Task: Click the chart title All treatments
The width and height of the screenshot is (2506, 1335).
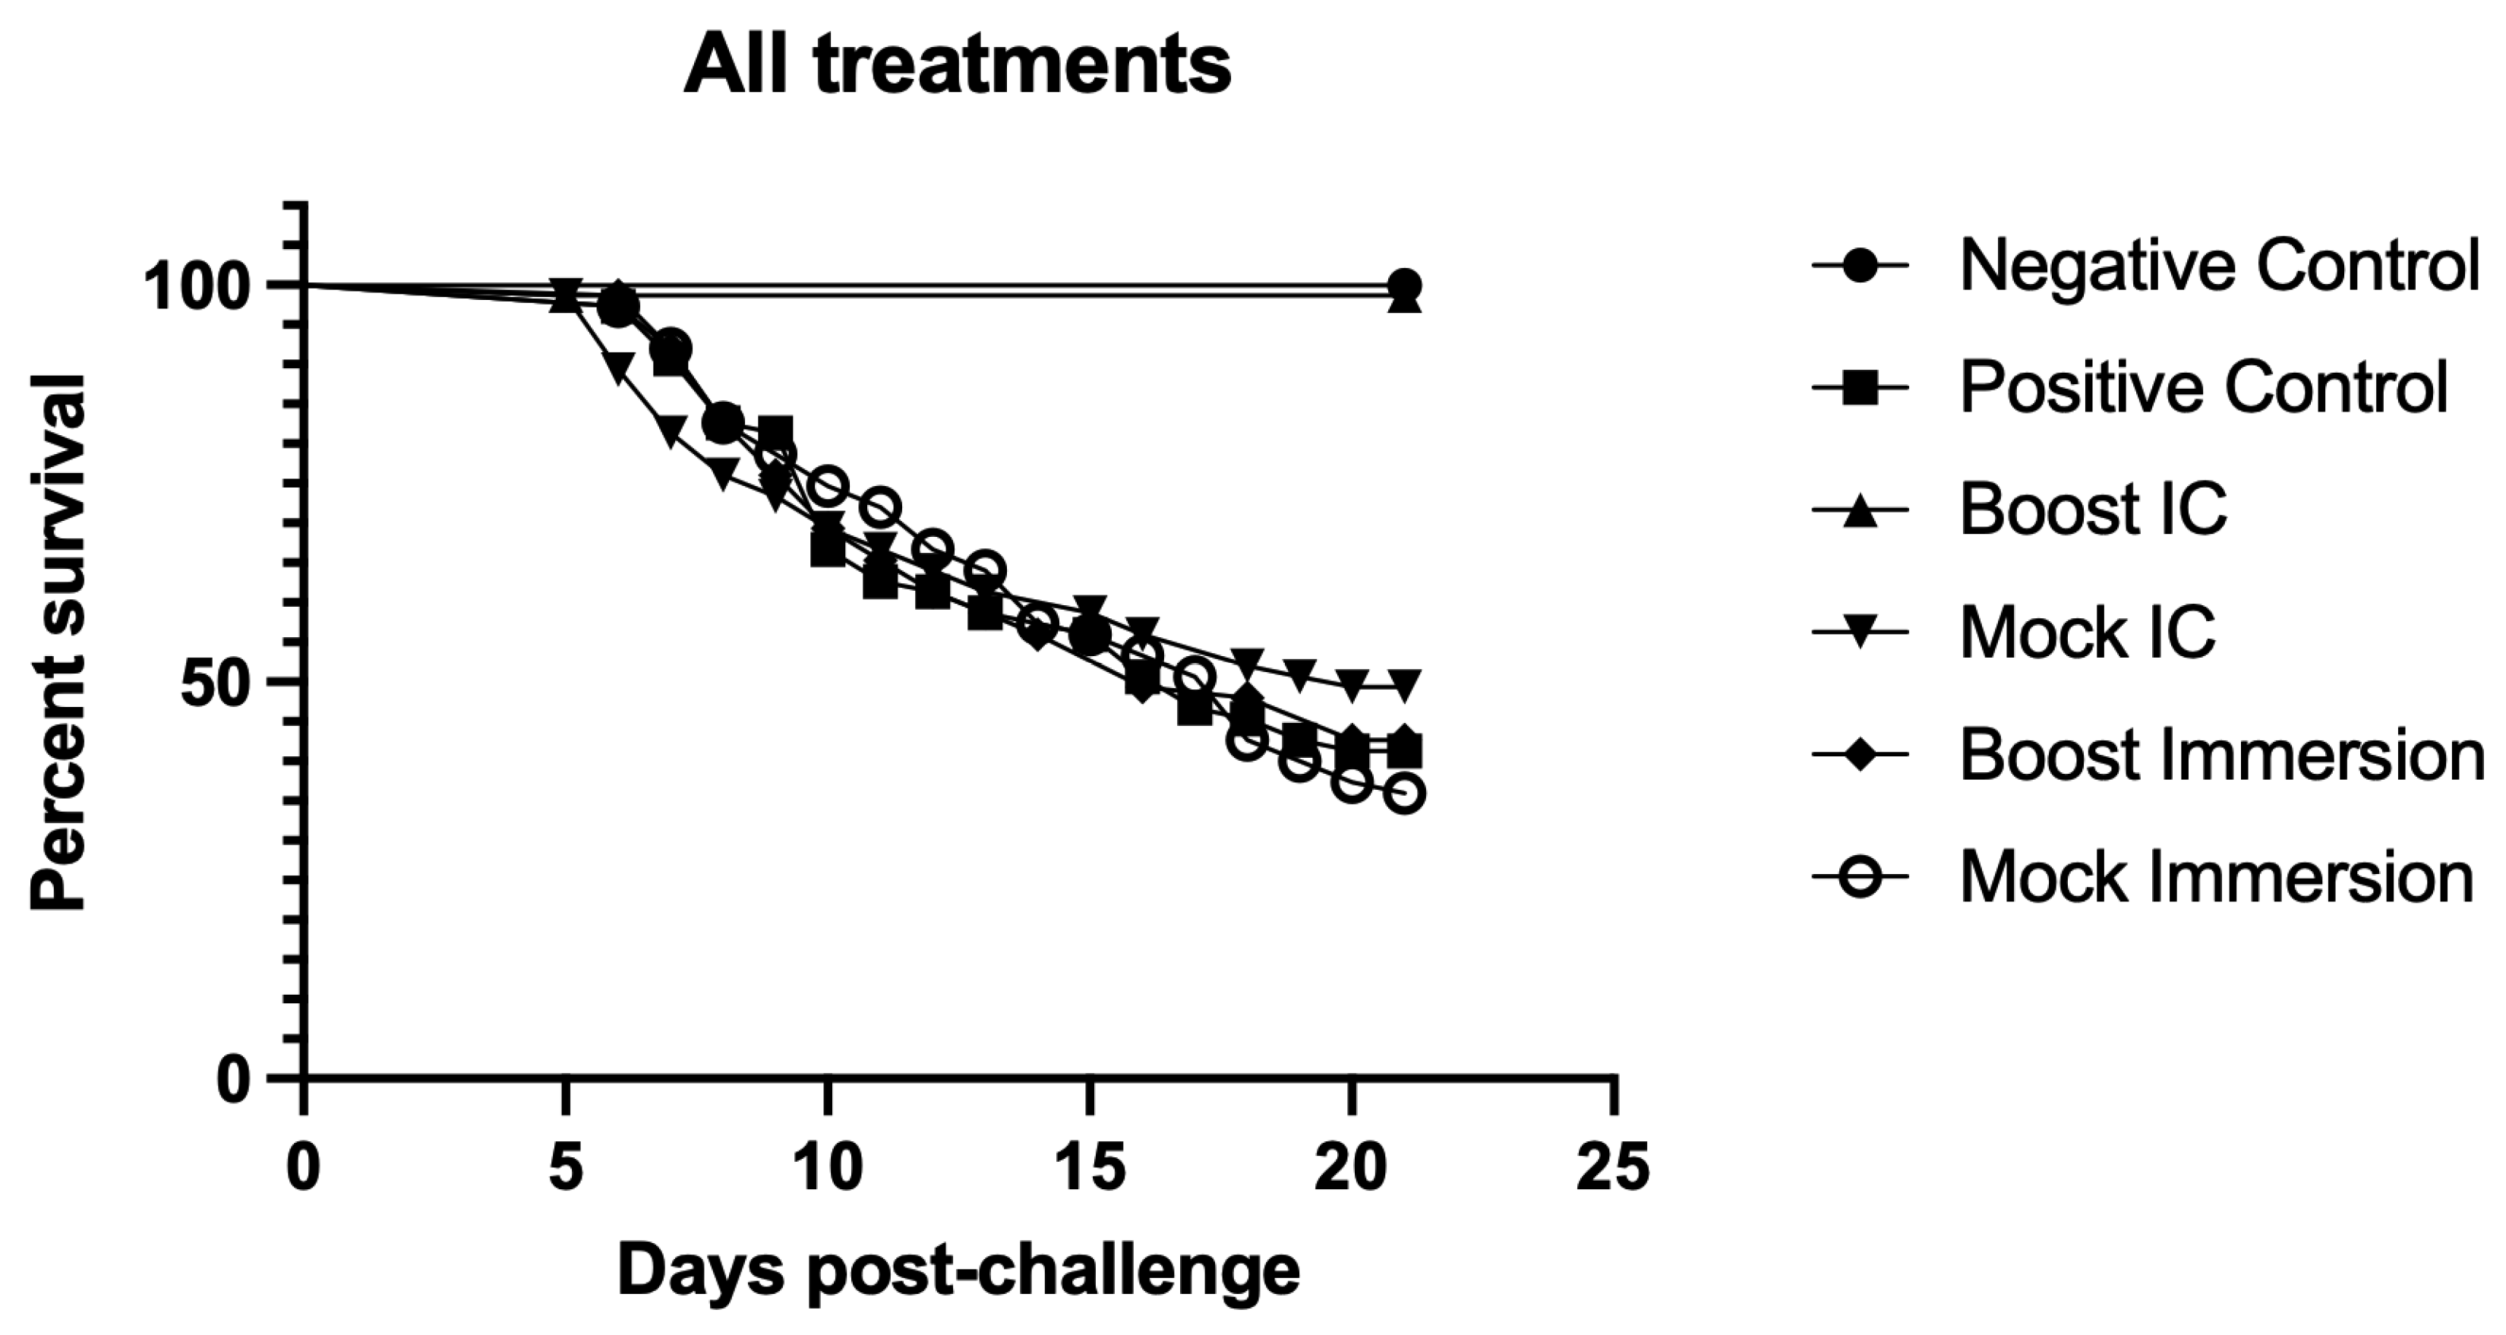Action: click(958, 66)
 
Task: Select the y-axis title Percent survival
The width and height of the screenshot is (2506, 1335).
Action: click(58, 642)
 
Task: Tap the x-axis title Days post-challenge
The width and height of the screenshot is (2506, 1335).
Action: click(958, 1270)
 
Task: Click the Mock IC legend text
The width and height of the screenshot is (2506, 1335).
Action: click(2088, 633)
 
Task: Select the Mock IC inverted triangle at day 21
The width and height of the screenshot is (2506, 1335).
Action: click(1403, 684)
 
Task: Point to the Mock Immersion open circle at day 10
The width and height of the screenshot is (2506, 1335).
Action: click(828, 485)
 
